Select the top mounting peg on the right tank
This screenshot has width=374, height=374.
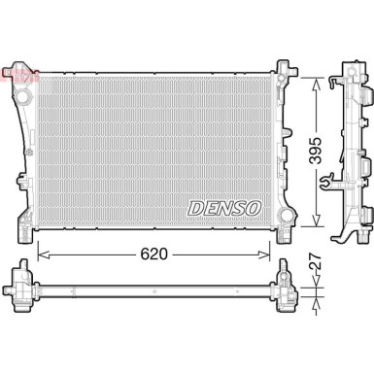(284, 68)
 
